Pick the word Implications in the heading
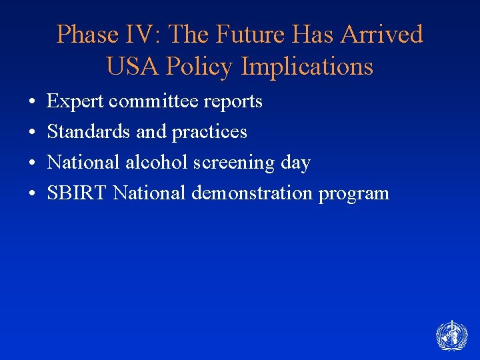(307, 67)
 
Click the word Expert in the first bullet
(75, 101)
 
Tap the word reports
(234, 101)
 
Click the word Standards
(89, 132)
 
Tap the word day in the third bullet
(297, 163)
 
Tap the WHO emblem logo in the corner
(451, 335)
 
